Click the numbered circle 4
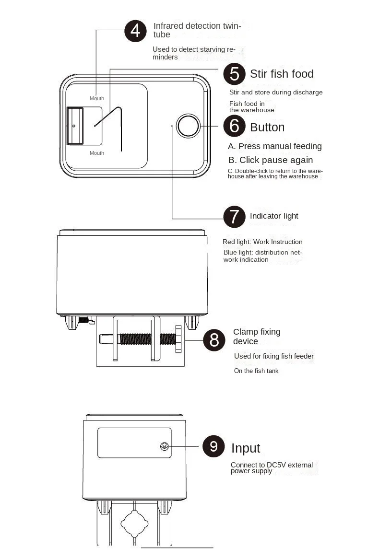click(x=135, y=31)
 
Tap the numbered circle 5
click(x=235, y=74)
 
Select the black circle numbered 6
click(x=235, y=126)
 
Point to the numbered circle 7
click(x=235, y=216)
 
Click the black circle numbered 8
click(x=214, y=340)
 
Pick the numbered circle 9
click(x=213, y=446)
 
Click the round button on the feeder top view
click(x=189, y=126)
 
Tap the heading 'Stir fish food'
click(x=282, y=74)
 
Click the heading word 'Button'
click(x=267, y=127)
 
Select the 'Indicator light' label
click(x=274, y=216)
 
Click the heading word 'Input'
click(x=246, y=448)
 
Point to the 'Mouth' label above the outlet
click(x=97, y=98)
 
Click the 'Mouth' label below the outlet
click(x=97, y=153)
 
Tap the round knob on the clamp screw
click(x=178, y=338)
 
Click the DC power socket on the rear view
click(x=164, y=446)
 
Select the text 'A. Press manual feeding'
click(x=275, y=146)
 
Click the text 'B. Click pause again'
click(x=271, y=160)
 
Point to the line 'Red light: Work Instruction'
click(x=262, y=242)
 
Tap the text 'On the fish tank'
click(x=256, y=371)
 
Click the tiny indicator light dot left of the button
click(x=172, y=126)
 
